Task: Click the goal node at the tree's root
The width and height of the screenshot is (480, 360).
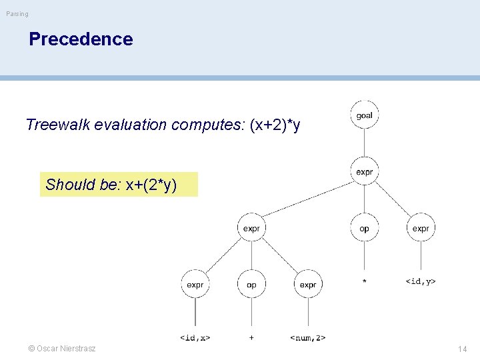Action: click(x=364, y=115)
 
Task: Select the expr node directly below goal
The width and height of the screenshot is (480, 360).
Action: click(x=364, y=172)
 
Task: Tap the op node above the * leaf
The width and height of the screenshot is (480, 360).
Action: click(x=364, y=229)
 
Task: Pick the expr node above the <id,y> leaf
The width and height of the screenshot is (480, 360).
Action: click(x=421, y=229)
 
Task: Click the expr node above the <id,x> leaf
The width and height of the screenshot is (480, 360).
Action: click(x=195, y=285)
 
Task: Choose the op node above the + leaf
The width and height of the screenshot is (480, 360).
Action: click(x=251, y=285)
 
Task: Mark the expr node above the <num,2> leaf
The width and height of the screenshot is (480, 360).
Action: click(x=308, y=285)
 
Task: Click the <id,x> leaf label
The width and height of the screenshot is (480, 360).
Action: click(x=195, y=338)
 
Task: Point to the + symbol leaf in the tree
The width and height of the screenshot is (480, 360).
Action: click(x=251, y=338)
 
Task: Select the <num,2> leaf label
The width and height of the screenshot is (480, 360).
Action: click(x=308, y=338)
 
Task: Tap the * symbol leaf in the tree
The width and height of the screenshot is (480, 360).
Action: click(x=364, y=282)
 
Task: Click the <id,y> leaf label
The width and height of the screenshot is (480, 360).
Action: click(x=421, y=281)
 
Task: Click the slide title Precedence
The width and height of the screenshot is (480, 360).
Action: click(x=81, y=39)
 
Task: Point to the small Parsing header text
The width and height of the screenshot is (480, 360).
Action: click(x=17, y=14)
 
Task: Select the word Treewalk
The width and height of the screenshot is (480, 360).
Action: click(x=57, y=125)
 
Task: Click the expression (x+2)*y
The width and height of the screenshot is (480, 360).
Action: click(x=275, y=125)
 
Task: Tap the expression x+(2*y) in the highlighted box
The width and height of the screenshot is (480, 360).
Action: click(x=151, y=185)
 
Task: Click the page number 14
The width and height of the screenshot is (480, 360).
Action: click(x=462, y=349)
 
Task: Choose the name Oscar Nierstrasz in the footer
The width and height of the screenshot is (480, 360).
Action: click(x=66, y=349)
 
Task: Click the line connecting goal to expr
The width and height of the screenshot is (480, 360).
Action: click(x=364, y=143)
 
